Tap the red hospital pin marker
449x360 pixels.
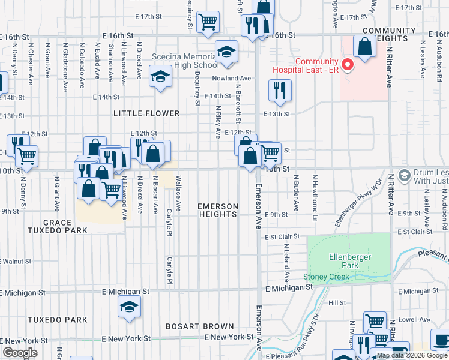click(x=346, y=64)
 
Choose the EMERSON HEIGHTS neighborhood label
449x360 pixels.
click(x=218, y=211)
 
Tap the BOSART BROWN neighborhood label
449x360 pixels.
click(x=200, y=326)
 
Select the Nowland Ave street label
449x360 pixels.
click(x=231, y=78)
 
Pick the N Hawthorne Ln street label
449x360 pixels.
click(x=314, y=191)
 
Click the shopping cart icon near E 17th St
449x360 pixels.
click(x=207, y=22)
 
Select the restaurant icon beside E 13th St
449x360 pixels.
click(x=279, y=90)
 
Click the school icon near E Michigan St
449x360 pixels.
click(x=129, y=307)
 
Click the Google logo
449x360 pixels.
click(x=20, y=352)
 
